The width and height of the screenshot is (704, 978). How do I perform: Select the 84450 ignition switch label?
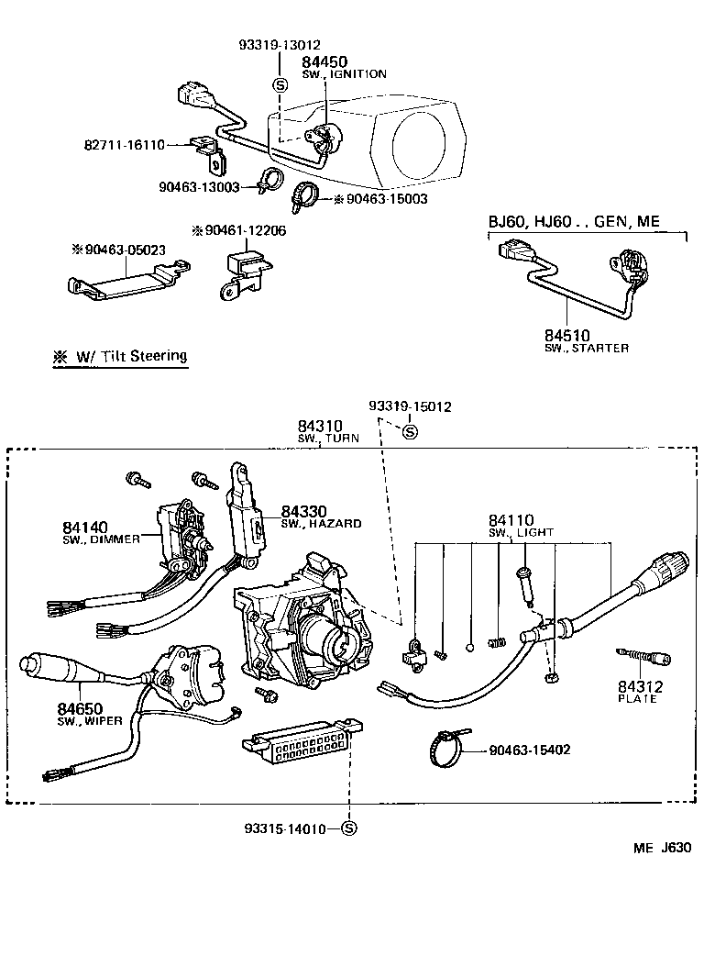pyautogui.click(x=324, y=61)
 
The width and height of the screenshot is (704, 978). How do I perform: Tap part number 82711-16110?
pyautogui.click(x=123, y=145)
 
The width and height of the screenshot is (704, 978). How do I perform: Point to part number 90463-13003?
pyautogui.click(x=198, y=186)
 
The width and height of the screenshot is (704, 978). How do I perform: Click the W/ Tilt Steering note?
pyautogui.click(x=120, y=356)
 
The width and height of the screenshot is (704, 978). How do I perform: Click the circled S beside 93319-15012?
pyautogui.click(x=410, y=432)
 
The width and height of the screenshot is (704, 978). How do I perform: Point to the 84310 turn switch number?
pyautogui.click(x=319, y=426)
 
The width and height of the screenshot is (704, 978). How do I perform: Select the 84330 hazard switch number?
pyautogui.click(x=303, y=511)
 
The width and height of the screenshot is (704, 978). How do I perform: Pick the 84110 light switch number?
pyautogui.click(x=511, y=520)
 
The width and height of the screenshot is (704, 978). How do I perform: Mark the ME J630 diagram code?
pyautogui.click(x=661, y=848)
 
